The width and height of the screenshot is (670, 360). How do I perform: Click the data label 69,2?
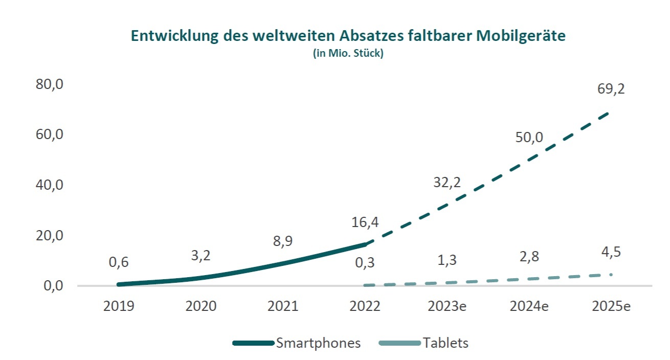click(x=611, y=89)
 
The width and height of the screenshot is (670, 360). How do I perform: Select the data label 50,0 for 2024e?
click(x=529, y=138)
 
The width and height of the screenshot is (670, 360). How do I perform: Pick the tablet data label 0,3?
click(x=365, y=263)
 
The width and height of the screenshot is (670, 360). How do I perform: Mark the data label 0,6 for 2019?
click(x=119, y=262)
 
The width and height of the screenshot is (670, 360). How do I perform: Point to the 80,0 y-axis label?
click(x=49, y=84)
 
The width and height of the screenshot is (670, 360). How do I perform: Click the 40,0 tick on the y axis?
click(x=49, y=185)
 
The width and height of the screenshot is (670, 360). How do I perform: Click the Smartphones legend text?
click(x=318, y=343)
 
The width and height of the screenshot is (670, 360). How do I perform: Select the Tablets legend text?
click(x=445, y=343)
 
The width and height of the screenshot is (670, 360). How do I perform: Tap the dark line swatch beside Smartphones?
click(x=253, y=343)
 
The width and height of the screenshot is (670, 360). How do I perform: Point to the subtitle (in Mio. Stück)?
click(x=348, y=53)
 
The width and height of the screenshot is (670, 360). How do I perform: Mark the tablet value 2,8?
click(x=529, y=256)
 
